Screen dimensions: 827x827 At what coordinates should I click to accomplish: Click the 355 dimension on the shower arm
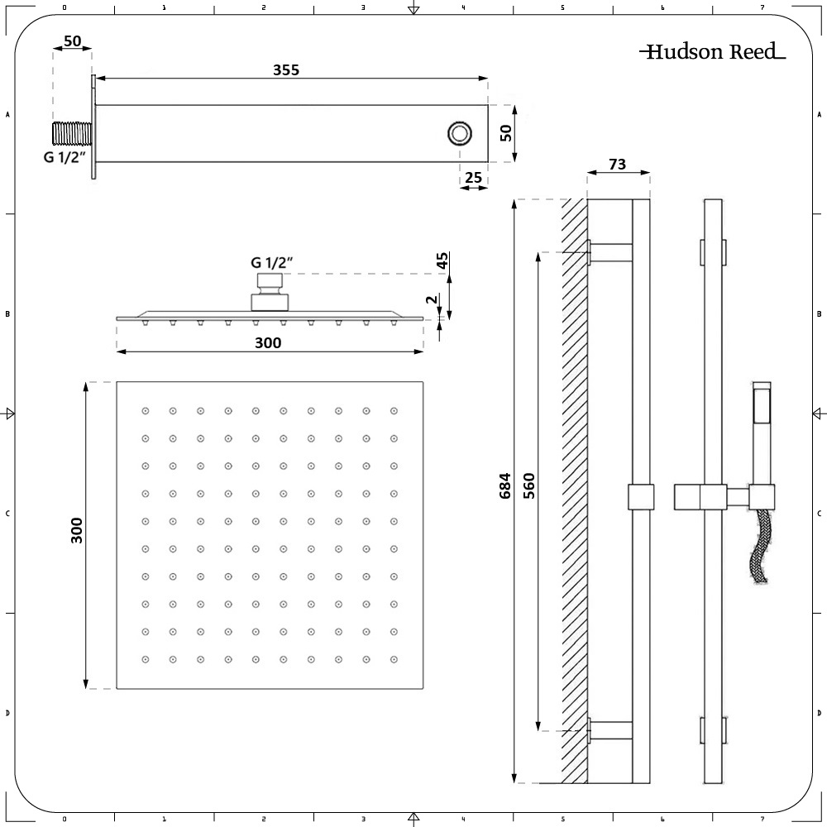click(286, 70)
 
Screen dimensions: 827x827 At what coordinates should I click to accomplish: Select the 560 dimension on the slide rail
click(529, 488)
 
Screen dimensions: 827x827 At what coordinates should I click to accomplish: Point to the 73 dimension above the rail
click(617, 165)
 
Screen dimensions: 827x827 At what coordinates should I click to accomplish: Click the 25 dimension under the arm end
click(474, 177)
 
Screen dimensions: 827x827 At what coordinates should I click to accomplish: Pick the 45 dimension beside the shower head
click(443, 261)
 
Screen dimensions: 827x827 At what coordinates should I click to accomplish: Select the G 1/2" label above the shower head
click(273, 263)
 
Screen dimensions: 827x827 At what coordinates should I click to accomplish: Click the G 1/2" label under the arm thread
click(65, 157)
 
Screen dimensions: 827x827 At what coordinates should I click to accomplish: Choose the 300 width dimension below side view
click(268, 342)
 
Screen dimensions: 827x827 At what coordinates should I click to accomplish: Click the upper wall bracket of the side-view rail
click(610, 252)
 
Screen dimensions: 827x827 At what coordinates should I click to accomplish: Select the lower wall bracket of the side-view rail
click(610, 729)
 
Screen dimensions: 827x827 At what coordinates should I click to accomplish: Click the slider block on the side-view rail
click(641, 496)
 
